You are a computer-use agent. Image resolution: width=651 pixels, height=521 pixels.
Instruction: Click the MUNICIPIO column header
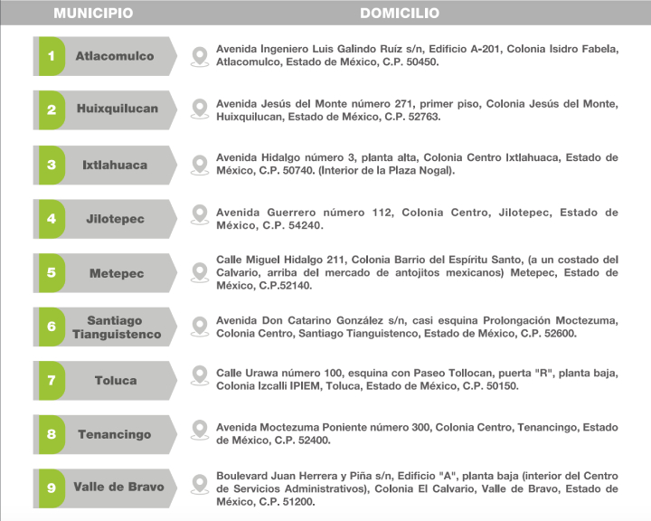(93, 14)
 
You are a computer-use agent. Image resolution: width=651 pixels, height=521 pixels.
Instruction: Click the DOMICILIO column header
(400, 14)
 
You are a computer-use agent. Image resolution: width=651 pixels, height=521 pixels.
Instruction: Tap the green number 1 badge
(51, 56)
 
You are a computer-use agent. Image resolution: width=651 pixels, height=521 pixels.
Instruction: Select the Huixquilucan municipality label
(117, 109)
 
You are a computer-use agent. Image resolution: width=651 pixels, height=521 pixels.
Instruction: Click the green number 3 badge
(51, 165)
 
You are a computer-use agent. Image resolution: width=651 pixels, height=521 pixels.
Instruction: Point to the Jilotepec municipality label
(115, 219)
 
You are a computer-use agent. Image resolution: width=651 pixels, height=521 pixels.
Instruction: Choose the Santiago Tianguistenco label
(116, 327)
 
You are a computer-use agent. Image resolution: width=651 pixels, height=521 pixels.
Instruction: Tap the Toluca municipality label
(116, 381)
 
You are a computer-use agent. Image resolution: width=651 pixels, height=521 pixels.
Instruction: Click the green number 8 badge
(51, 434)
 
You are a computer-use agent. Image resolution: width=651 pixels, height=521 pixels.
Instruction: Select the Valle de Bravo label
(118, 487)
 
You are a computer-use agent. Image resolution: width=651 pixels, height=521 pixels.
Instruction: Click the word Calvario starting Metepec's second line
(241, 272)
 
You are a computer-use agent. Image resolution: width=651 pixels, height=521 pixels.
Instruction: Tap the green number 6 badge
(51, 327)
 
